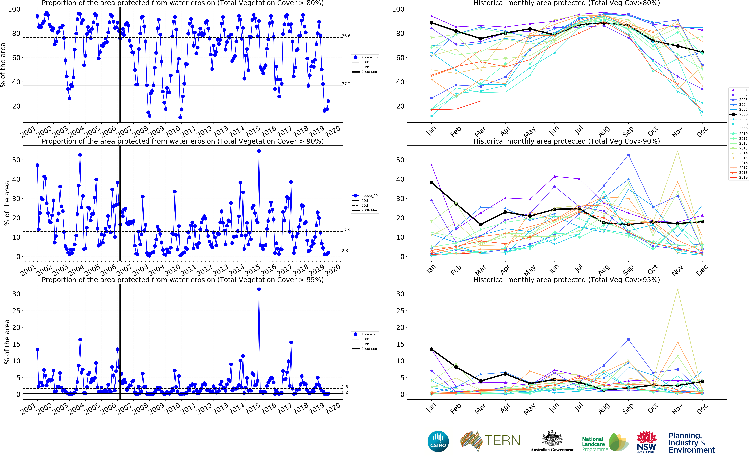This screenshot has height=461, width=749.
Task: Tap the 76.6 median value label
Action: pos(346,36)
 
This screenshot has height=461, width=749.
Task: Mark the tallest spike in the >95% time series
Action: pos(259,289)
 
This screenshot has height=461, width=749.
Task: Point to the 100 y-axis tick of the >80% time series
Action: pos(14,9)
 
